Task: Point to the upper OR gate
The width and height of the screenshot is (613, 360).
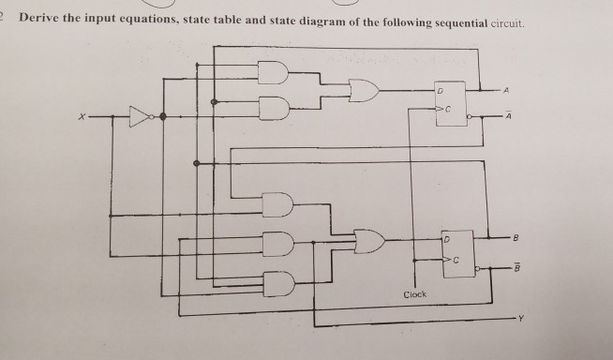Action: tap(364, 91)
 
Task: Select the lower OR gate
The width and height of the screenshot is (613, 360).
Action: tap(366, 243)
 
